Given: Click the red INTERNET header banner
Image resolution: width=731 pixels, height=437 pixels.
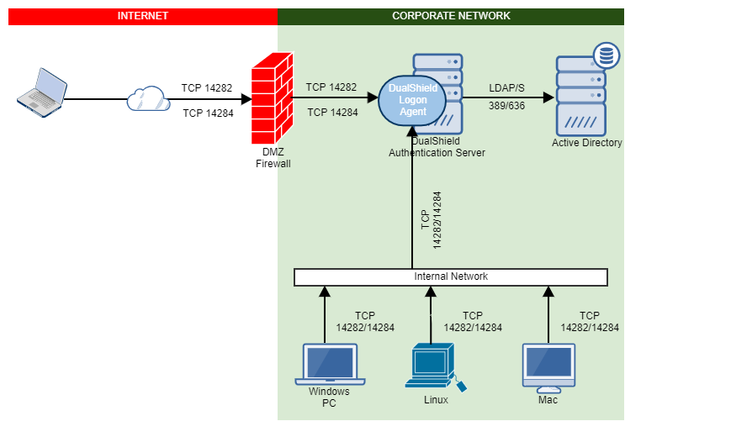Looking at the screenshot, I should pos(142,16).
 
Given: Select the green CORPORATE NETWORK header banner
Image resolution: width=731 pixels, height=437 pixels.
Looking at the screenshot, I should pos(451,16).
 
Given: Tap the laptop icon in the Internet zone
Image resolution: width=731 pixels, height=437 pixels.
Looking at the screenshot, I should pos(42,90).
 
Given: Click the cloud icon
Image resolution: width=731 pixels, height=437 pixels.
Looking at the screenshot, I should pos(149,99).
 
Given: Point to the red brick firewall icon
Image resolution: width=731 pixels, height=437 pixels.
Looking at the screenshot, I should pos(272,98).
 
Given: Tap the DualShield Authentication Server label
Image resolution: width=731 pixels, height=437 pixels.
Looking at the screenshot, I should pos(436,147).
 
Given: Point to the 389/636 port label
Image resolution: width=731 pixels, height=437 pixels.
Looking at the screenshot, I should pos(508,105).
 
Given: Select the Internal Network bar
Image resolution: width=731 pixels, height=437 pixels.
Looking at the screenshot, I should pos(451,276).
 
